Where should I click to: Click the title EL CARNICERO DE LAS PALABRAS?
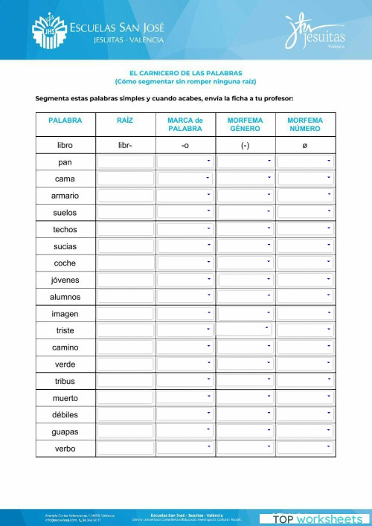[x=185, y=73]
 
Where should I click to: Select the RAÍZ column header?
[x=125, y=120]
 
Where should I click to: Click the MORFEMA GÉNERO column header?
[x=245, y=124]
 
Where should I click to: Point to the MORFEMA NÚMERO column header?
[x=305, y=124]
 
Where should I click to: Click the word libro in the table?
[x=65, y=145]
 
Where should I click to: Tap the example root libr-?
[x=125, y=145]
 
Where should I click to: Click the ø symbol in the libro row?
[x=305, y=145]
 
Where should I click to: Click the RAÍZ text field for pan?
[x=125, y=161]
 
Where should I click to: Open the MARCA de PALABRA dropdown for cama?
[x=185, y=179]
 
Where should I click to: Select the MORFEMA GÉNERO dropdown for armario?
[x=245, y=196]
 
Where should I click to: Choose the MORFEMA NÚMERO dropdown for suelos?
[x=305, y=212]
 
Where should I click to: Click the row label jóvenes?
[x=65, y=280]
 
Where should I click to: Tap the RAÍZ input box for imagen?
[x=125, y=313]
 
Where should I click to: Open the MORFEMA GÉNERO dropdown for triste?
[x=245, y=330]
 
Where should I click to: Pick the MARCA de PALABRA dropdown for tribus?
[x=185, y=380]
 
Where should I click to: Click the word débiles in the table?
[x=65, y=414]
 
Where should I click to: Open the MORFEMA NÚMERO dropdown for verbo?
[x=305, y=448]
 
